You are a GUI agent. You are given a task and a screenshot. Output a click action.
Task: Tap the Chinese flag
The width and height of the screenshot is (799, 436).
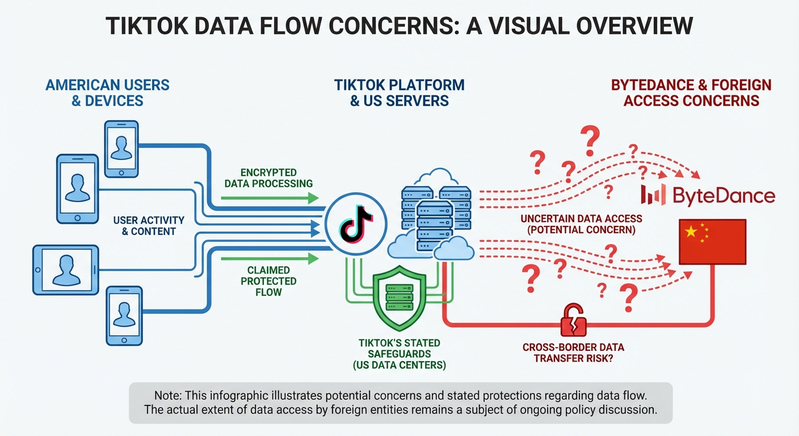[712, 242]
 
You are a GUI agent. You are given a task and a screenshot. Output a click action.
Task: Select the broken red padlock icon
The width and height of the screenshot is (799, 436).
[573, 321]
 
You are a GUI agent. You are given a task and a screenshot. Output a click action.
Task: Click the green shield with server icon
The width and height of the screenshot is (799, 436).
[399, 297]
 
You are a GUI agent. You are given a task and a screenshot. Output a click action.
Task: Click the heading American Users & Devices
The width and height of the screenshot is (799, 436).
[107, 93]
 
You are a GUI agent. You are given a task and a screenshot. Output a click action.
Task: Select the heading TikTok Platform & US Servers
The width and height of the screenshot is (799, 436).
[399, 93]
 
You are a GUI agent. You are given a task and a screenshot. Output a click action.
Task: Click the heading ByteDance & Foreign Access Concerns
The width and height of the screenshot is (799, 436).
[691, 93]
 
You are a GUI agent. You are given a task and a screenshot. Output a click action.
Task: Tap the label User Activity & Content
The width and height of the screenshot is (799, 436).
[149, 226]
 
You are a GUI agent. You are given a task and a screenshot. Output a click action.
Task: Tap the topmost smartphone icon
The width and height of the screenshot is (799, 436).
[121, 148]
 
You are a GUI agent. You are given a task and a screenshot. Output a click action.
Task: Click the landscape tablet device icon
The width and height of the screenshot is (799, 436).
[66, 270]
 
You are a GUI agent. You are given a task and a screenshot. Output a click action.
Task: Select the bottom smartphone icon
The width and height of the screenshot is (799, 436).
[124, 315]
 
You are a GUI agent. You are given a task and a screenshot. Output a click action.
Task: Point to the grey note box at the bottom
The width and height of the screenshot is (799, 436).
[400, 403]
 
